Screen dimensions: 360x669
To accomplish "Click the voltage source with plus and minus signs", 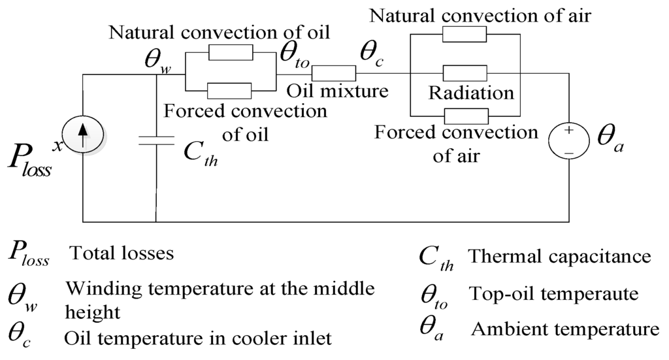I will tap(566, 139).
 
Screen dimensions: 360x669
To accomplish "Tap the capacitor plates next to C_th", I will tap(157, 140).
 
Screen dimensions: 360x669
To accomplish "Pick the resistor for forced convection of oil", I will tap(229, 90).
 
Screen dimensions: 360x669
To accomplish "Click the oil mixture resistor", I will tap(332, 73).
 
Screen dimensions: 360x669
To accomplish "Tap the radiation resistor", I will tap(464, 72).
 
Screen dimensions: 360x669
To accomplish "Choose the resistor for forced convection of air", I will tap(464, 116).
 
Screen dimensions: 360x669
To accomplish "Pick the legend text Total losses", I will tap(122, 254).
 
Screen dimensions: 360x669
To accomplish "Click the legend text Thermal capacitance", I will tap(560, 256).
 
